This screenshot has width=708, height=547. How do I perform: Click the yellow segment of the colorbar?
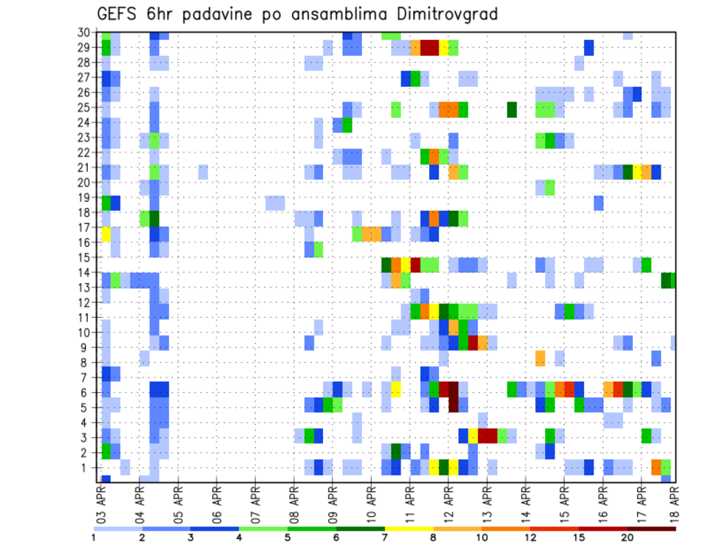pyautogui.click(x=408, y=528)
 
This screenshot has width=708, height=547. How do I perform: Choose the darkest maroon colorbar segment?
pyautogui.click(x=651, y=528)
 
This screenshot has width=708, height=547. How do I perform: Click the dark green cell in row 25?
pyautogui.click(x=511, y=109)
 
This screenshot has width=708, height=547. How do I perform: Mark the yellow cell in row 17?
pyautogui.click(x=105, y=234)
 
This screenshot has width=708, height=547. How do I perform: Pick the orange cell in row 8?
pyautogui.click(x=540, y=358)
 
